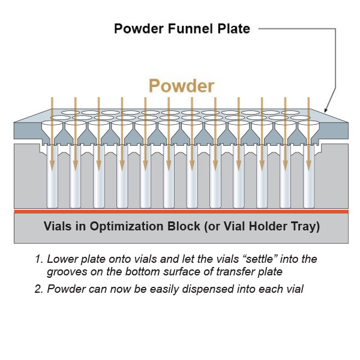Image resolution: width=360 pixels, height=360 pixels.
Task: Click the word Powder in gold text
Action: pos(181,86)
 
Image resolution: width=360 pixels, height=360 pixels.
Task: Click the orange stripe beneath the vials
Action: pos(180,211)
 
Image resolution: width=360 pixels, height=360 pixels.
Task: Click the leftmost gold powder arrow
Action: pos(52,132)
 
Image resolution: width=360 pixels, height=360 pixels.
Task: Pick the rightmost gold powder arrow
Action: pos(308,132)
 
